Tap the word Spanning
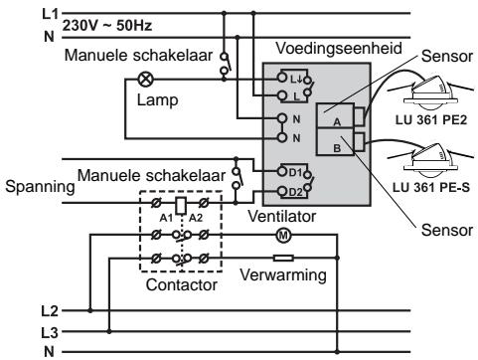tap(30, 186)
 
